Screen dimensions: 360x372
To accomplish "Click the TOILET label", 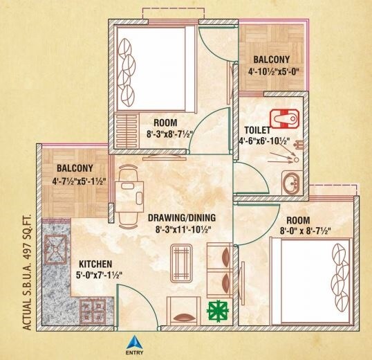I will point(257,129).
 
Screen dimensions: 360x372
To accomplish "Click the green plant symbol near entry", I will point(218,309).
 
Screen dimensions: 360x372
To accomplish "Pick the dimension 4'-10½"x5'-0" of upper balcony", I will point(271,70).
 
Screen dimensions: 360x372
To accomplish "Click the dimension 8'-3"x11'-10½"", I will point(179,229).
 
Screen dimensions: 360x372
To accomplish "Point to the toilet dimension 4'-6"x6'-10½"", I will point(267,141).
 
